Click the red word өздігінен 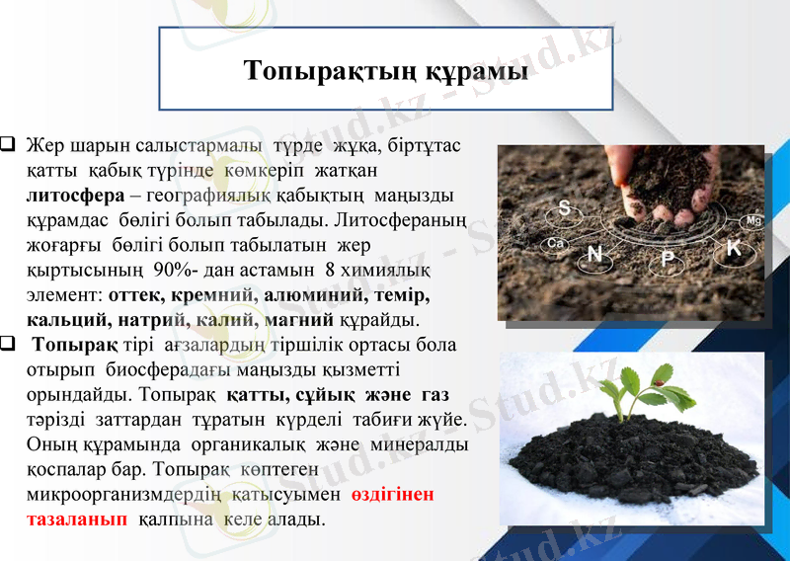393,494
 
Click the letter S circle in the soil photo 565,207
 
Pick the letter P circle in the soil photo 668,259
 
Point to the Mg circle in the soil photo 753,220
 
